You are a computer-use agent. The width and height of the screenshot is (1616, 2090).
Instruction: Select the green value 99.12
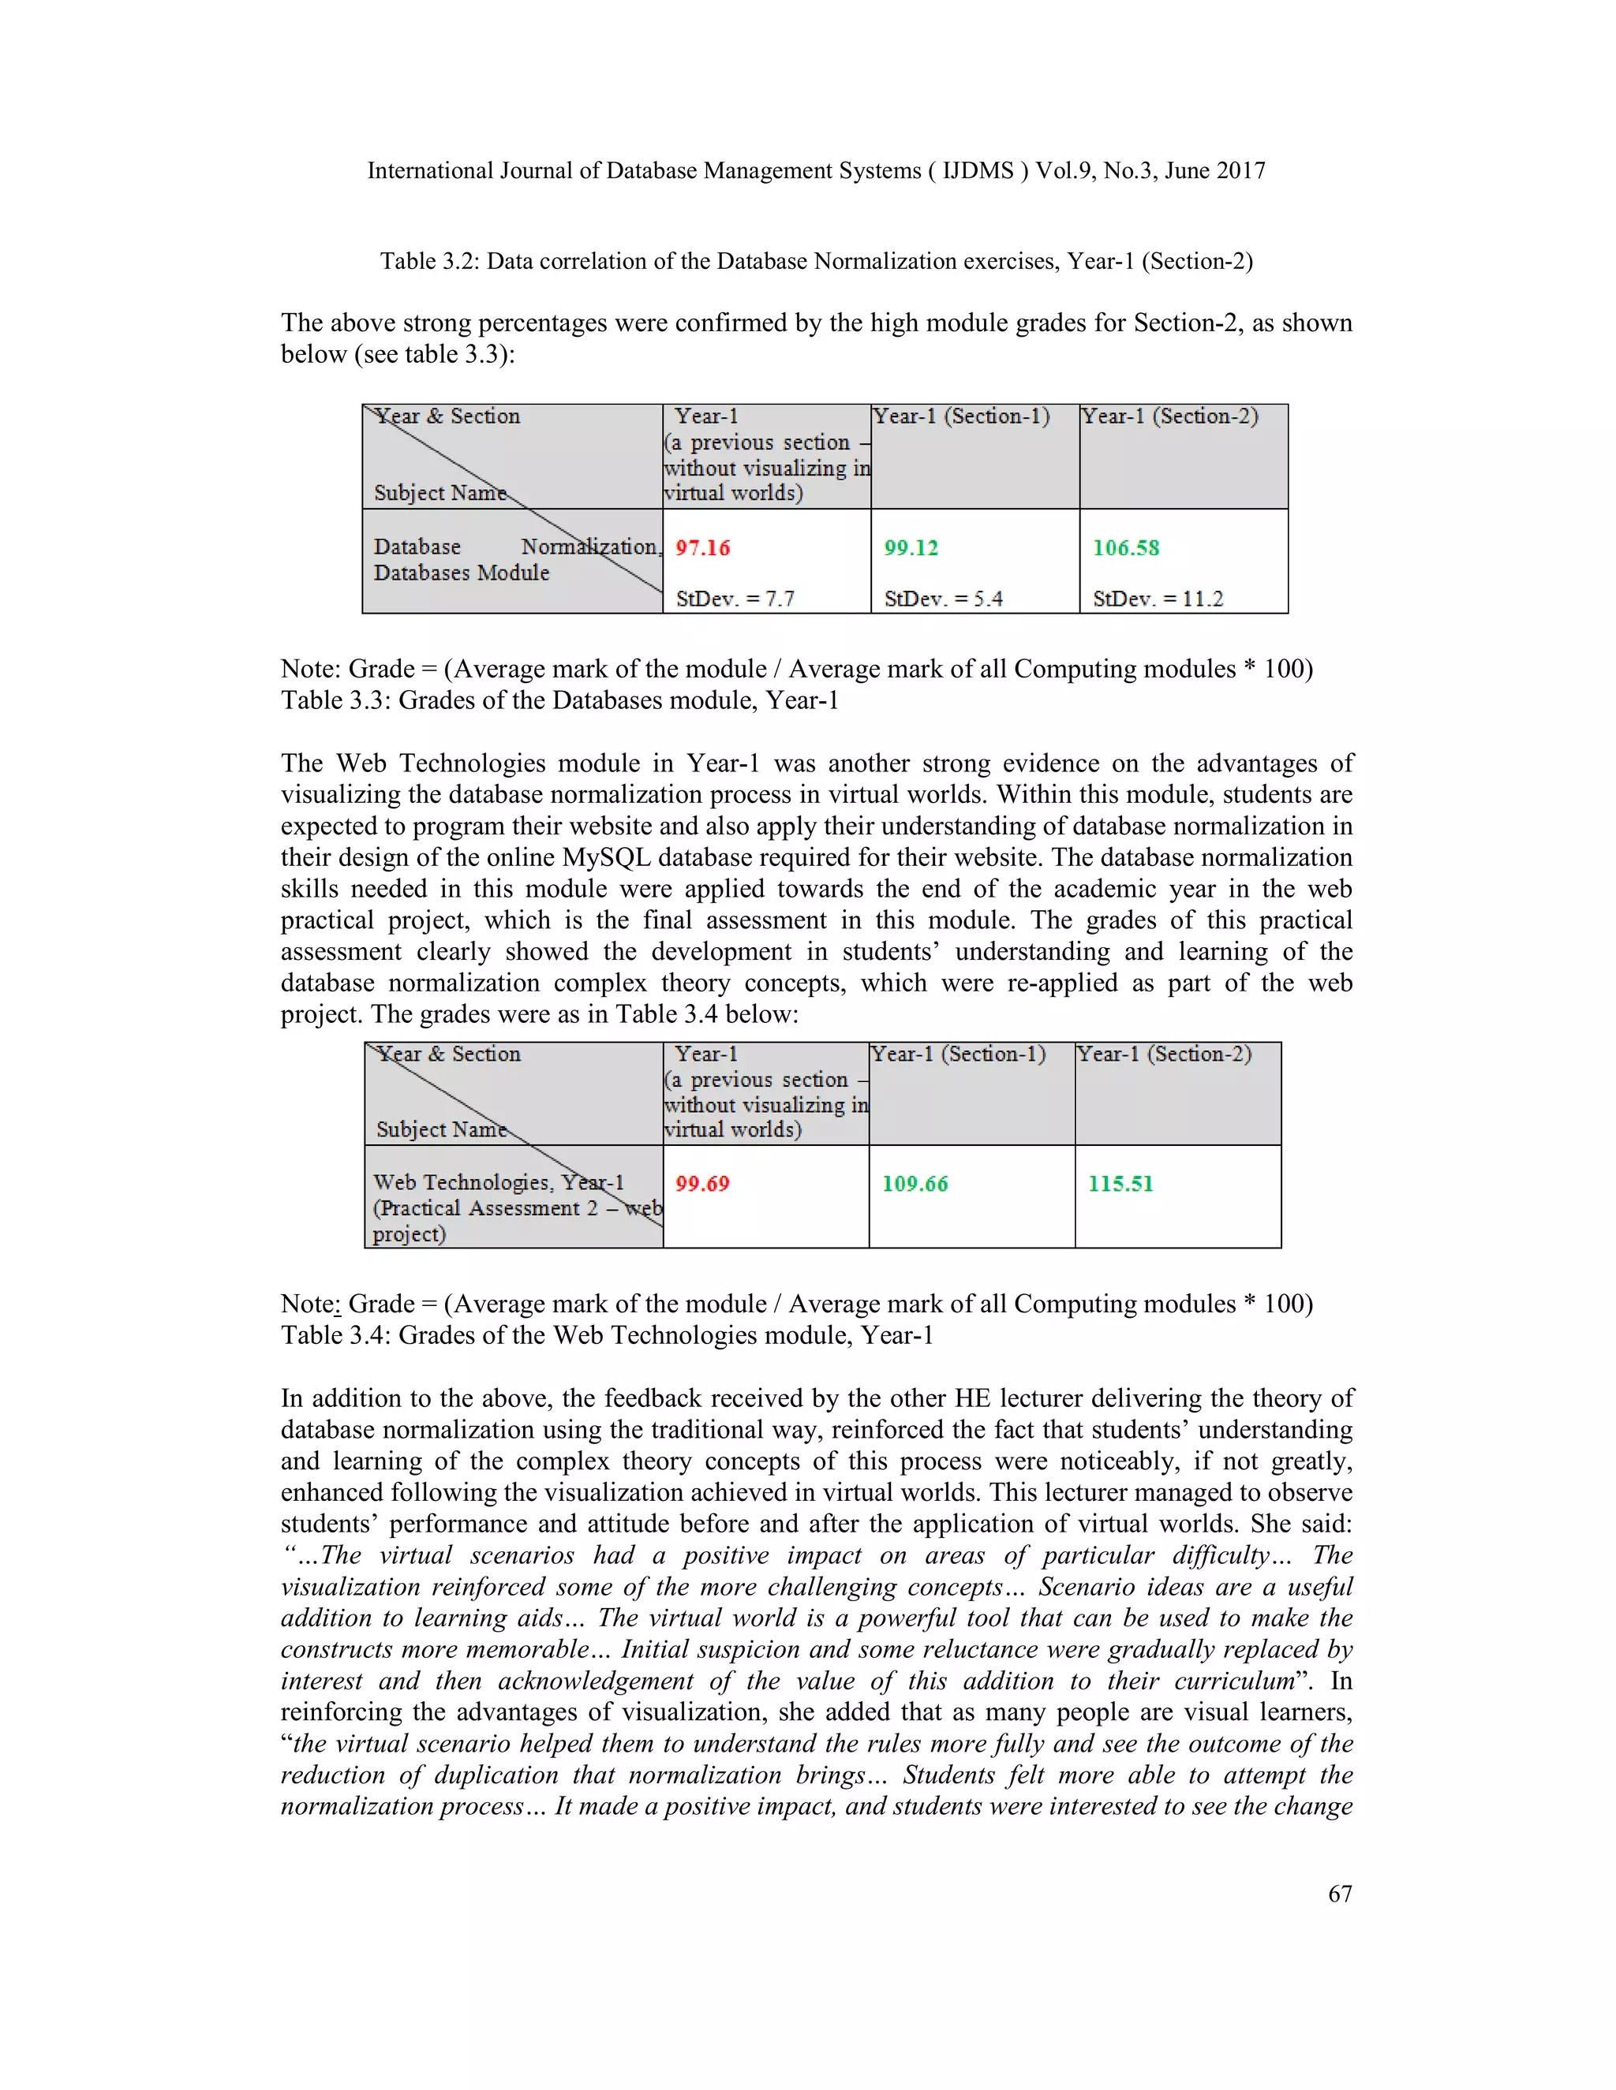click(911, 548)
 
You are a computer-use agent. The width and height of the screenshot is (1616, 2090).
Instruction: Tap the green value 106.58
click(1125, 548)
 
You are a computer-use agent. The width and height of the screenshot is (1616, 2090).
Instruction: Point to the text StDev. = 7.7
click(735, 599)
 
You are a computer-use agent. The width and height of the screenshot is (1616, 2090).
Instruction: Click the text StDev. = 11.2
click(1158, 599)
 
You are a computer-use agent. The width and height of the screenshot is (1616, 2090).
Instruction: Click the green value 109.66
click(915, 1184)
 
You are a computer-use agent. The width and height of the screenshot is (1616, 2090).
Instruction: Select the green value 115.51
click(1120, 1184)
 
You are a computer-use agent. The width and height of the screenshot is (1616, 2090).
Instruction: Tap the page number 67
click(1339, 1894)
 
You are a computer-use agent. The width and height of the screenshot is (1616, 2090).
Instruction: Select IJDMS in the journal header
click(978, 171)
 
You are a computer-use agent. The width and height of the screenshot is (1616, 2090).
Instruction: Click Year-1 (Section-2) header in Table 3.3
click(1169, 416)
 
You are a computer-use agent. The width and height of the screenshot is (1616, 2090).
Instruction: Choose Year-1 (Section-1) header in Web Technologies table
click(957, 1054)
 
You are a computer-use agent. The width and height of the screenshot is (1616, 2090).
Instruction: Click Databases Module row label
click(462, 573)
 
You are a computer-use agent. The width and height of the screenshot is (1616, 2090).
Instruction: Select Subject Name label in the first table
click(440, 493)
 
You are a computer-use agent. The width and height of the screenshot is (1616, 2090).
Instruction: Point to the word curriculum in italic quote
click(1234, 1681)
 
